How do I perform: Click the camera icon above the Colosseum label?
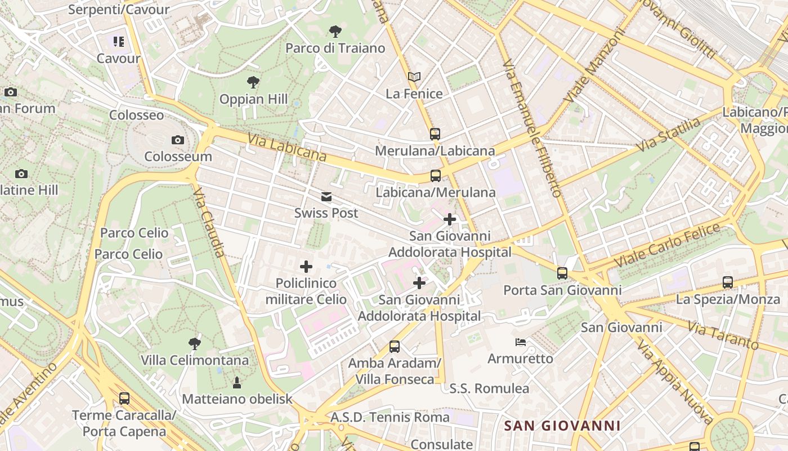click(x=178, y=140)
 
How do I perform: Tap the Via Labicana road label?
click(x=286, y=147)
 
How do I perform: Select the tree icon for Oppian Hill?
click(x=253, y=82)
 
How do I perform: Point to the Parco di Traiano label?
click(x=335, y=48)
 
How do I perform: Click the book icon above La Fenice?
click(x=414, y=77)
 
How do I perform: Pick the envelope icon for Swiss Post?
click(x=326, y=197)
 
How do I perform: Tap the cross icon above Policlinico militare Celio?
click(x=306, y=266)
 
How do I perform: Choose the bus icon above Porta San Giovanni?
click(x=562, y=273)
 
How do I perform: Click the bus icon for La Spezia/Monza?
click(x=728, y=282)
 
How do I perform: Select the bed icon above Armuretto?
click(x=521, y=342)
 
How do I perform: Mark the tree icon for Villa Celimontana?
click(x=195, y=343)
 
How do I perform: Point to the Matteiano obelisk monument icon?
click(x=237, y=383)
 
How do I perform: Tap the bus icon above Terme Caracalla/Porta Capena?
click(x=124, y=399)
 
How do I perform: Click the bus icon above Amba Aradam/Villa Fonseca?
click(x=395, y=347)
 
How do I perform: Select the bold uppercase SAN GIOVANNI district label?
click(x=562, y=426)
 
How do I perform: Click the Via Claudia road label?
click(x=209, y=223)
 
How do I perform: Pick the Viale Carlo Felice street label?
click(x=668, y=246)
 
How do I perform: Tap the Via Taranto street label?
click(x=723, y=334)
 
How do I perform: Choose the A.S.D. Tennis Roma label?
click(x=390, y=417)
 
